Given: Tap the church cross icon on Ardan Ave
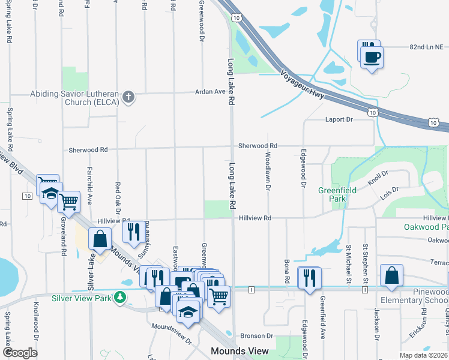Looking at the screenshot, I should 128,97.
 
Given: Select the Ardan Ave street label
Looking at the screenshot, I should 209,92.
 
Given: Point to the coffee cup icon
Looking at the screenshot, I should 372,57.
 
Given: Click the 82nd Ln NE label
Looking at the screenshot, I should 426,46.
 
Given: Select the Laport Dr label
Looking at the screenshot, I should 339,119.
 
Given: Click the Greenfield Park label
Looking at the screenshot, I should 337,194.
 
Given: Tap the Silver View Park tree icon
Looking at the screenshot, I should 121,297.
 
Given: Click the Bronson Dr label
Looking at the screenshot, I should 256,336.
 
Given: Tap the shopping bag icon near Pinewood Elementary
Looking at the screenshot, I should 391,276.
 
